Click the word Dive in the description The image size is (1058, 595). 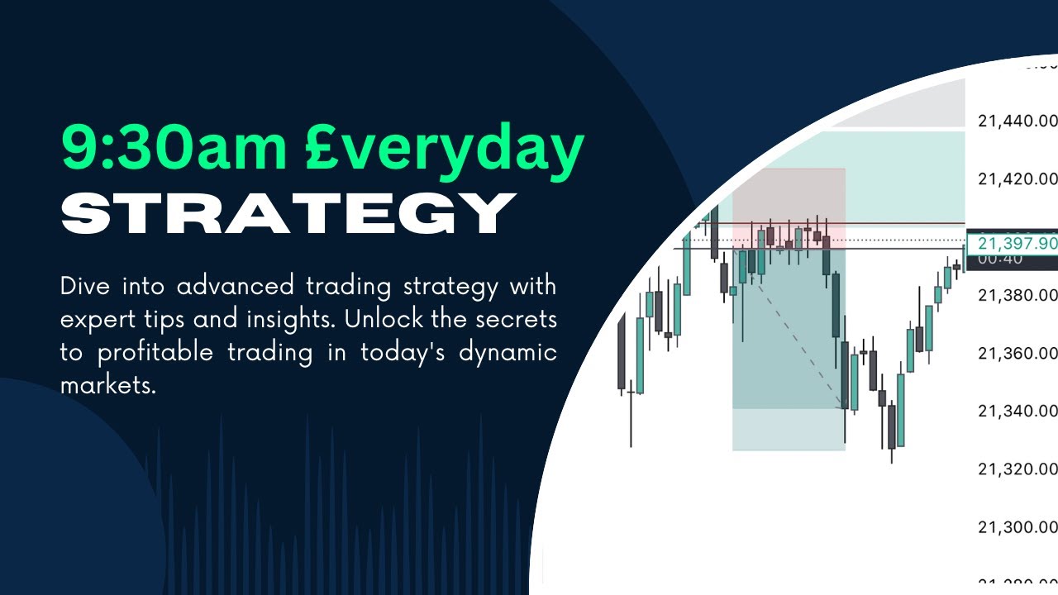click(85, 287)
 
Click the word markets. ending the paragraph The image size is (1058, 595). click(107, 385)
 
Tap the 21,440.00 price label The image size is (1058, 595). click(1017, 121)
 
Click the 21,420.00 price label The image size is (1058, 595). click(1017, 179)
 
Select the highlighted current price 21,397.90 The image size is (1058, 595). click(1017, 243)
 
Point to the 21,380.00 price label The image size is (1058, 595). click(1017, 295)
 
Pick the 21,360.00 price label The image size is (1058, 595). click(1017, 354)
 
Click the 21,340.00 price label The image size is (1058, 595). click(1017, 412)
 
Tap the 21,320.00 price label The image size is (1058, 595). click(1017, 469)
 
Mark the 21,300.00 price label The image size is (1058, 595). click(1017, 527)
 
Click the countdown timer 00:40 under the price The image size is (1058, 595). click(999, 259)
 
